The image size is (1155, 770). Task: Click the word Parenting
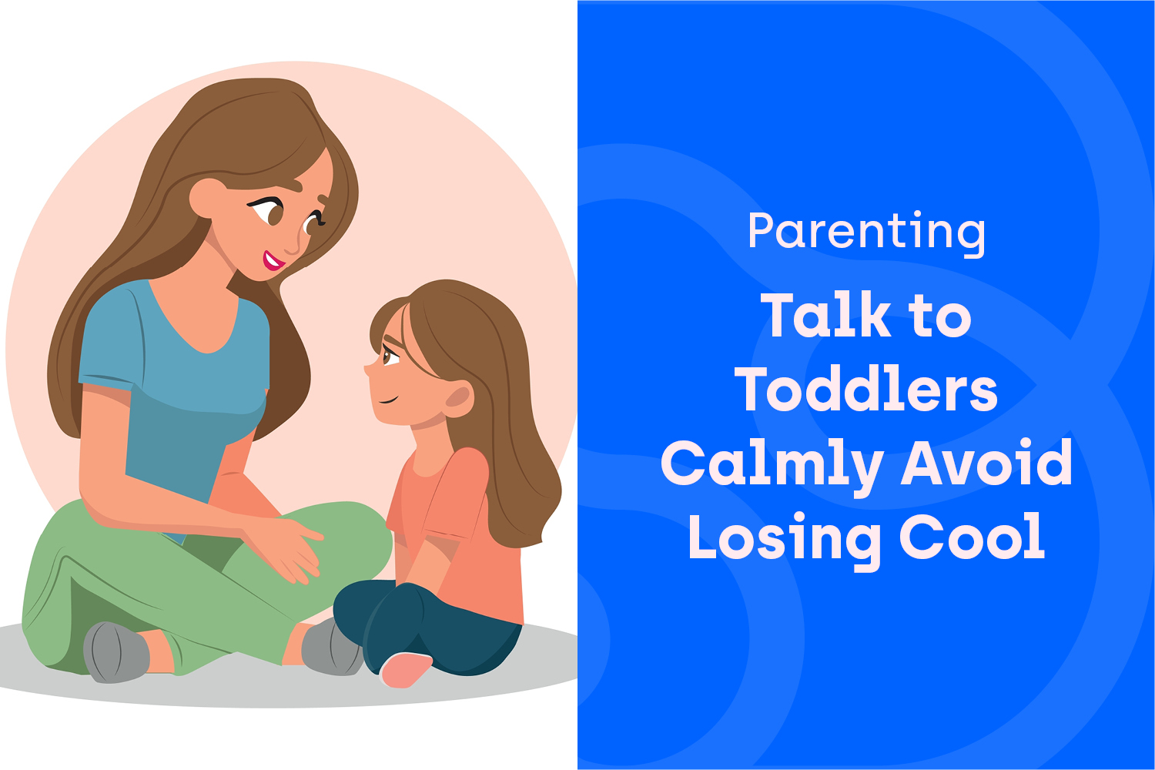[x=866, y=233]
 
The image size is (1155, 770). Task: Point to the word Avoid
[x=986, y=461]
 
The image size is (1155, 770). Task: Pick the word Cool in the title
[x=973, y=536]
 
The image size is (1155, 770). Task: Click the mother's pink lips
[x=273, y=261]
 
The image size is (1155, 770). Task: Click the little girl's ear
[x=458, y=399]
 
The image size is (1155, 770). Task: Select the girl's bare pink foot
[x=406, y=669]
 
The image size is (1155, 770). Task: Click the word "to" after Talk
[x=939, y=318]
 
